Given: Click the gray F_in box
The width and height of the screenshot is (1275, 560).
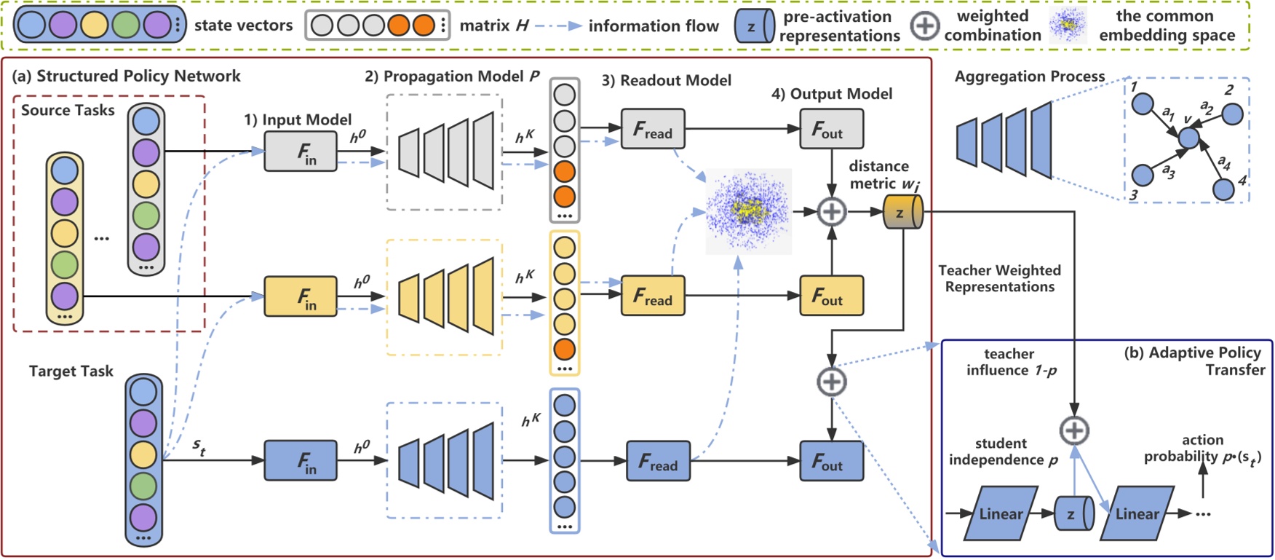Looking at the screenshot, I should pyautogui.click(x=300, y=151).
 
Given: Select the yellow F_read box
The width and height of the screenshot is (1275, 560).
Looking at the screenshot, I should pyautogui.click(x=652, y=296).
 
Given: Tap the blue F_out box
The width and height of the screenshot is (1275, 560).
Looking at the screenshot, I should pyautogui.click(x=831, y=461).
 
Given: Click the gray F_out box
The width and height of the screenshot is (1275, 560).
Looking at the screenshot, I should pyautogui.click(x=831, y=129).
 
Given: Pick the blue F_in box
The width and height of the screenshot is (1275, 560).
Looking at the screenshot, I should pyautogui.click(x=300, y=461).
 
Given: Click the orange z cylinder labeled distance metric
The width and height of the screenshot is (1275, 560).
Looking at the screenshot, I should pyautogui.click(x=902, y=213).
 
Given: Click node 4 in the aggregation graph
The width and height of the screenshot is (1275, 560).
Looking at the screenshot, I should pyautogui.click(x=1223, y=189).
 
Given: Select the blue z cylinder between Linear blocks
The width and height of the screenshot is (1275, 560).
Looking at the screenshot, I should pyautogui.click(x=1073, y=513).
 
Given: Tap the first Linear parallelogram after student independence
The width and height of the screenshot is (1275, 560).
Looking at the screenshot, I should pyautogui.click(x=1000, y=513).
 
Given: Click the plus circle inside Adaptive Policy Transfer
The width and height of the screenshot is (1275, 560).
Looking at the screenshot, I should pyautogui.click(x=1074, y=430).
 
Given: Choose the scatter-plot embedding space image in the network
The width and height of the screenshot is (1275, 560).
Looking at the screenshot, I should pyautogui.click(x=748, y=211).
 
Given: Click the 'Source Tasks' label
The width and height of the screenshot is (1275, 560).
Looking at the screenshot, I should pyautogui.click(x=68, y=111).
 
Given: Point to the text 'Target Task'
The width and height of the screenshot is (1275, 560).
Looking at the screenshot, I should pyautogui.click(x=71, y=371).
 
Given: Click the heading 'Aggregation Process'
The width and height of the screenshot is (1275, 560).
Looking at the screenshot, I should pyautogui.click(x=1029, y=76).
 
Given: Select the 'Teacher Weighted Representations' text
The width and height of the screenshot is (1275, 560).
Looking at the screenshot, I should pyautogui.click(x=999, y=278).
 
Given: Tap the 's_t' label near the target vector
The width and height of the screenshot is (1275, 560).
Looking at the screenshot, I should pyautogui.click(x=198, y=445).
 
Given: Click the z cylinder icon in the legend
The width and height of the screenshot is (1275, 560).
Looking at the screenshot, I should pyautogui.click(x=753, y=25).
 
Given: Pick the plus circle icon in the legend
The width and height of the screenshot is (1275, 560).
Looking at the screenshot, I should pyautogui.click(x=924, y=25).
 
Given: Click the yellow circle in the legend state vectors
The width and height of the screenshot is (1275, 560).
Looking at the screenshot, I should pyautogui.click(x=94, y=25).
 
